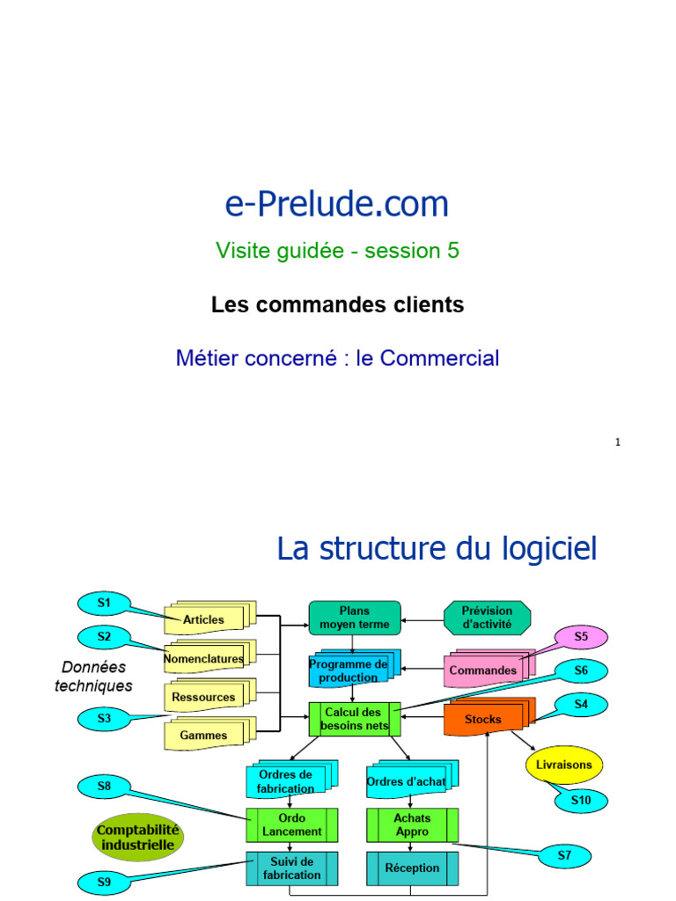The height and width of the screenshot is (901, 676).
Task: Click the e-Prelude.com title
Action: click(337, 204)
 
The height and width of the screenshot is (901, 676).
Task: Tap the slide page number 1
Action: click(618, 443)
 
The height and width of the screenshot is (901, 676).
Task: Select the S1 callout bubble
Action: click(104, 603)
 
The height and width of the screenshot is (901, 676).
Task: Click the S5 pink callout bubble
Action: click(581, 636)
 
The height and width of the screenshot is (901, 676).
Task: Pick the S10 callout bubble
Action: click(581, 800)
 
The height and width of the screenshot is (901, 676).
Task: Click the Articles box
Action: click(204, 619)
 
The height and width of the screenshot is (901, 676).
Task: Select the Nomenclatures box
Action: click(204, 658)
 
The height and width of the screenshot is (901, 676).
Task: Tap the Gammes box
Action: click(204, 736)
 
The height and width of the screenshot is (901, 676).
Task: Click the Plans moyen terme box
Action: click(355, 618)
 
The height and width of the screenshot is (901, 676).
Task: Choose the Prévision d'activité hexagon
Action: click(487, 618)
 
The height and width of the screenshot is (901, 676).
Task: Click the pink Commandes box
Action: click(483, 670)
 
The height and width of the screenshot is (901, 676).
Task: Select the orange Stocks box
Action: click(483, 719)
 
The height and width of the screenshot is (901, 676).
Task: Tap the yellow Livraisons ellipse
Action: click(564, 765)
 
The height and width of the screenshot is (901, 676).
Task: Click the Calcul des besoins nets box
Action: click(354, 719)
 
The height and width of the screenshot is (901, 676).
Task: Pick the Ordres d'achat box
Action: click(406, 781)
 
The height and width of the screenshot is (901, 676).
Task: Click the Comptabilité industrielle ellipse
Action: click(138, 838)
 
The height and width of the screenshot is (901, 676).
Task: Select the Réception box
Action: click(412, 868)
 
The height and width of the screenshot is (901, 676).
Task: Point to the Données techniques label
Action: click(94, 677)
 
